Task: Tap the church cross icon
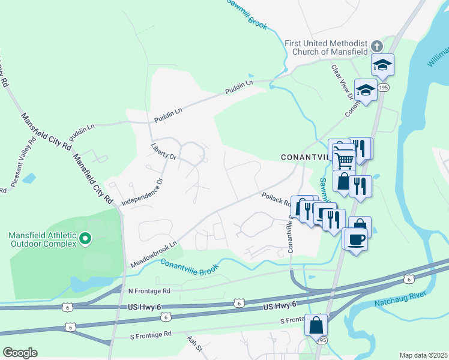377,46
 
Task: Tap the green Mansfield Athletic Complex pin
85,239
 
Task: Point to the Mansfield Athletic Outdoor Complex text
43,239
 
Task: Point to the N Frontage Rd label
149,290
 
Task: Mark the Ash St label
193,343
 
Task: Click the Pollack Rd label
275,199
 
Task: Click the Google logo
20,353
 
